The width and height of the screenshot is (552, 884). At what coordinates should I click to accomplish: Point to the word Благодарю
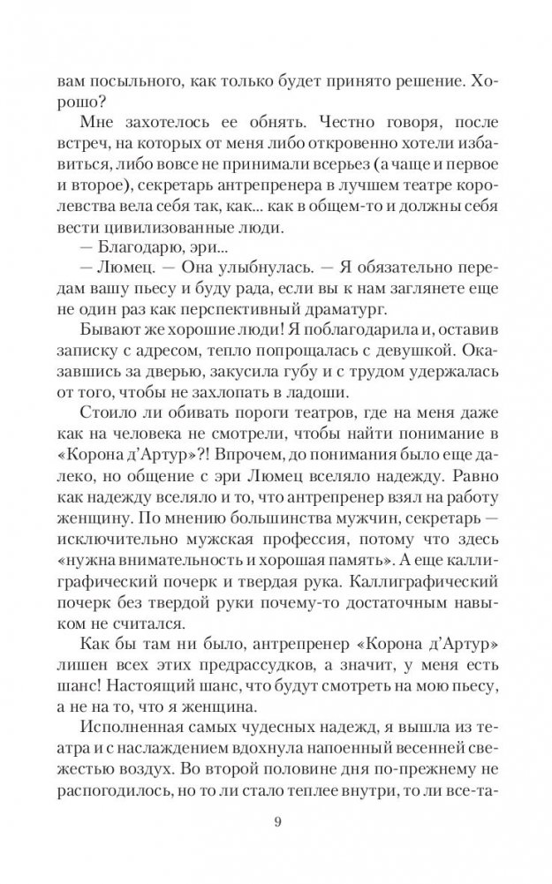[x=156, y=252]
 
